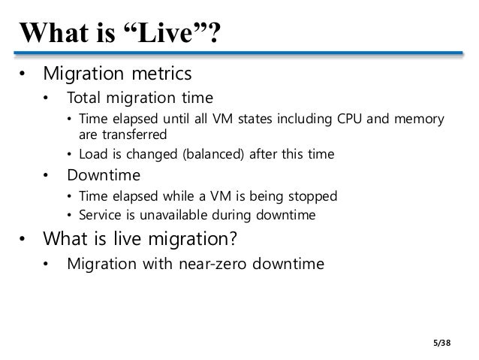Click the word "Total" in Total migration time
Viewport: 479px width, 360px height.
[84, 98]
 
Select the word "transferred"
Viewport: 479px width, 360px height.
[133, 135]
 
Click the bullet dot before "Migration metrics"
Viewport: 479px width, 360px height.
[24, 75]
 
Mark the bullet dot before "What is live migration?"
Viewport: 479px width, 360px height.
[24, 241]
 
